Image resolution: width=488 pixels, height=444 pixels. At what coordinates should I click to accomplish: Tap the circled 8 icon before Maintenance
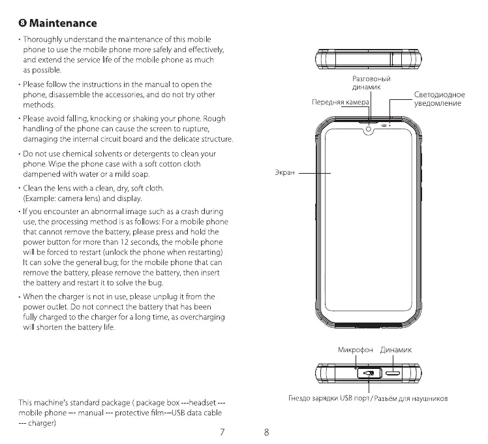(23, 24)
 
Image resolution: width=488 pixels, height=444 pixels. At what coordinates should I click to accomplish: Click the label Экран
(285, 172)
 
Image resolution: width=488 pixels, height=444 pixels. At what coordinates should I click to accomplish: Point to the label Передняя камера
(340, 103)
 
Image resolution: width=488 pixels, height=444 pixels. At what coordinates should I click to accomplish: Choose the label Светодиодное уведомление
(440, 99)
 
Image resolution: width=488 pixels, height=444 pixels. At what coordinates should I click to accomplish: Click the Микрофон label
(356, 350)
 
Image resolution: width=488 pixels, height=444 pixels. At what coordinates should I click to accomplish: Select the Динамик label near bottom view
(396, 350)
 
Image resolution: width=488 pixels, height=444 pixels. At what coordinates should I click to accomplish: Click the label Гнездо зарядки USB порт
(326, 398)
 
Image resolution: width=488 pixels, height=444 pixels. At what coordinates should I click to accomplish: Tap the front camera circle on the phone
(369, 129)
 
